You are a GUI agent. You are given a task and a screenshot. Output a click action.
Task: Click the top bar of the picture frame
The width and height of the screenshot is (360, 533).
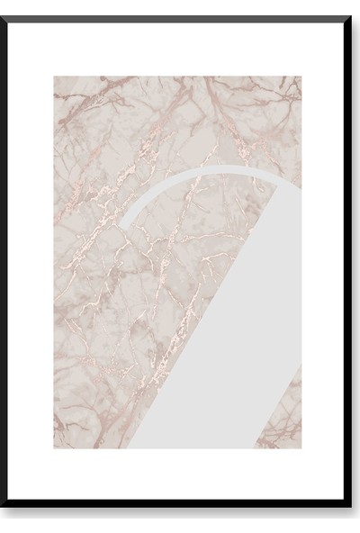[x=180, y=19]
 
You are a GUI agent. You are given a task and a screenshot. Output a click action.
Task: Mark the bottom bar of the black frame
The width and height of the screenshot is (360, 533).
[x=180, y=514]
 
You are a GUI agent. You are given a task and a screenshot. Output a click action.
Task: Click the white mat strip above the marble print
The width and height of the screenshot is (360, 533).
[x=180, y=49]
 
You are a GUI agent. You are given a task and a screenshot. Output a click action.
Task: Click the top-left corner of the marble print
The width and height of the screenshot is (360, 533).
[x=54, y=77]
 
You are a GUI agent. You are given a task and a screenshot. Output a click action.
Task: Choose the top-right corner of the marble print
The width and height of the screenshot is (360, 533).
[x=302, y=77]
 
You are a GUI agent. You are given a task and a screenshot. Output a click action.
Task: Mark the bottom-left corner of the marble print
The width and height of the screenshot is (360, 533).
[x=54, y=448]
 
